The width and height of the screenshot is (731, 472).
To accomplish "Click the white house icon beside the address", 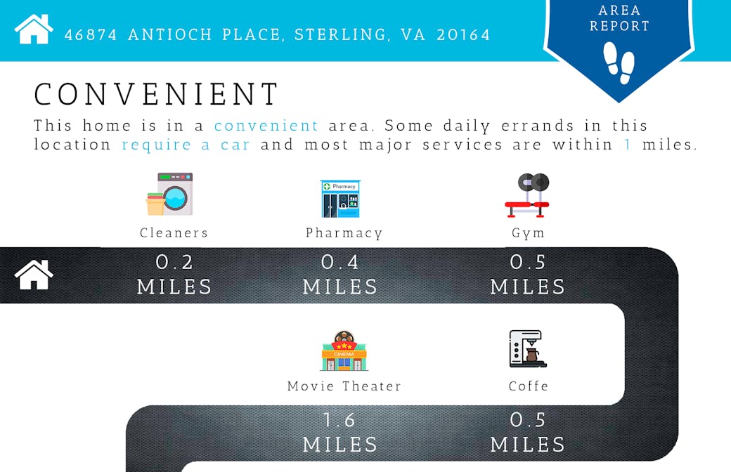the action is [x=34, y=29].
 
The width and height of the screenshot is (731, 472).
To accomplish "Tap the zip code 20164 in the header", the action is [x=463, y=35].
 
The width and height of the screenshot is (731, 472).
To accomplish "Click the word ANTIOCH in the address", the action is [x=170, y=35].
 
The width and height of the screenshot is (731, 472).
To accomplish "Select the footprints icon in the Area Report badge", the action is [x=619, y=63].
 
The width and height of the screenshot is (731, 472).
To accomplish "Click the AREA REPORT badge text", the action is [x=619, y=18].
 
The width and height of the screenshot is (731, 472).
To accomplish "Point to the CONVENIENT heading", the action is [x=157, y=94].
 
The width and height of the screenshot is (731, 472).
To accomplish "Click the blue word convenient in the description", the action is [x=266, y=126].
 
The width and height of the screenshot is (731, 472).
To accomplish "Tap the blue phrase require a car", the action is [x=186, y=145].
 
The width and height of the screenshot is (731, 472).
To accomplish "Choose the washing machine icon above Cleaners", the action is [x=169, y=194].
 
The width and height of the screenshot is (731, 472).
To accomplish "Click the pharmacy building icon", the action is [x=340, y=199].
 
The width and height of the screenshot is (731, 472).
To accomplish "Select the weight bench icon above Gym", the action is [x=528, y=195].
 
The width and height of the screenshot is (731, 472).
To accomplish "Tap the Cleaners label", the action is [x=174, y=232].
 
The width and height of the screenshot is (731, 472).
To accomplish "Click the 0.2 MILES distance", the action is [x=174, y=275].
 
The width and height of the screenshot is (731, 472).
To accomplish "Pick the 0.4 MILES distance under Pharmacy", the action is [x=340, y=275].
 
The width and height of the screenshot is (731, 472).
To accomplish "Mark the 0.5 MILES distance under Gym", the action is [x=528, y=275].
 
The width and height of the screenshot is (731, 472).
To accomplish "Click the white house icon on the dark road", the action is [x=34, y=275].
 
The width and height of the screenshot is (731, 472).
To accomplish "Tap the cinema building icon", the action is [x=344, y=351].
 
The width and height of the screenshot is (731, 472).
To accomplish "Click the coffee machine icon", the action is [x=528, y=348].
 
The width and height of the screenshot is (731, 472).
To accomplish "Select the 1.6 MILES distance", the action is [x=340, y=433].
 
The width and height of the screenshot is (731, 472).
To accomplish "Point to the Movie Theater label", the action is [x=344, y=386].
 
